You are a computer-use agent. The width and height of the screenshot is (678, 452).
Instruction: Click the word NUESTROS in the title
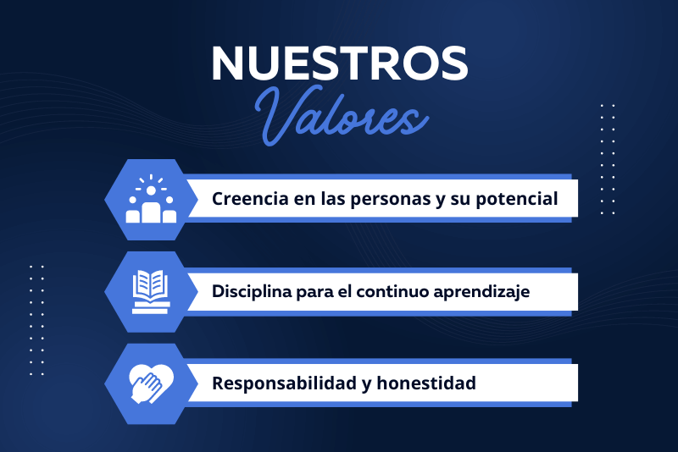tap(340, 63)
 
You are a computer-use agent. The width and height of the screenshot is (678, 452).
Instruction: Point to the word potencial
tap(517, 200)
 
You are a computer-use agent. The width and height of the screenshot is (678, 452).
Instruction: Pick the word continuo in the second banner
tap(392, 291)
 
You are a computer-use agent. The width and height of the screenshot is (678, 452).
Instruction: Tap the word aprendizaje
tap(481, 292)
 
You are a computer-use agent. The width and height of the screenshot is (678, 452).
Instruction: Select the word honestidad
tap(426, 383)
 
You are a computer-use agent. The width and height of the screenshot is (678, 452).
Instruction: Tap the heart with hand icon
tap(152, 383)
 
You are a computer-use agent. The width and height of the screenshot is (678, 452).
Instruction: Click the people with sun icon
tap(151, 199)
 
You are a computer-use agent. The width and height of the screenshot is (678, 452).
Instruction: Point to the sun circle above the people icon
tap(151, 190)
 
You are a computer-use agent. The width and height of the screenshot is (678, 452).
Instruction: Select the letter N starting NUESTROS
tap(227, 63)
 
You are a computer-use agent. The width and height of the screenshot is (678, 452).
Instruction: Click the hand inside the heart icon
tap(147, 389)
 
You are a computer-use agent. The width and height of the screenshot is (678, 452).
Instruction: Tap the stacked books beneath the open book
tap(151, 308)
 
